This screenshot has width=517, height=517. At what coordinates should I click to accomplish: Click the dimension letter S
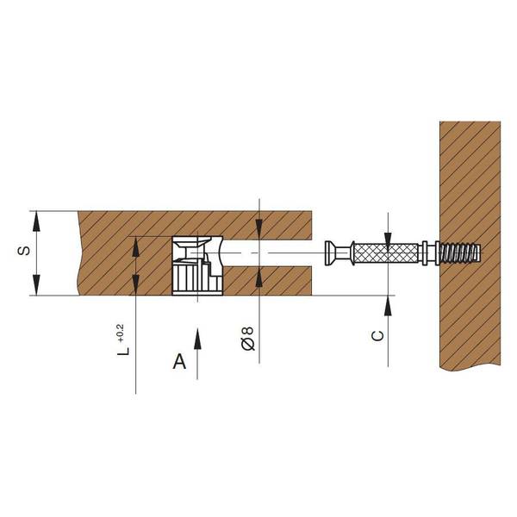[23, 251]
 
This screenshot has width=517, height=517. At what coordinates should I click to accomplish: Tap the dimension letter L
[123, 350]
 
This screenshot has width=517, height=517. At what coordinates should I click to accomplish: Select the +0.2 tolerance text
[120, 333]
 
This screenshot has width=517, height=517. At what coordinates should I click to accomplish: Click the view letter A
[179, 361]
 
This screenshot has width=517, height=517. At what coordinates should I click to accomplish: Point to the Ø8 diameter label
[248, 339]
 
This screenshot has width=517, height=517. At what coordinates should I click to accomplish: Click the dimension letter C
[378, 336]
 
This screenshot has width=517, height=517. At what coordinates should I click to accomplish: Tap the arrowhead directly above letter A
[197, 339]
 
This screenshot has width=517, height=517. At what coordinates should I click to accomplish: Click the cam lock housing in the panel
[197, 265]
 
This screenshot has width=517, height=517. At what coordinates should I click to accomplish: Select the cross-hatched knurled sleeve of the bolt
[386, 253]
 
